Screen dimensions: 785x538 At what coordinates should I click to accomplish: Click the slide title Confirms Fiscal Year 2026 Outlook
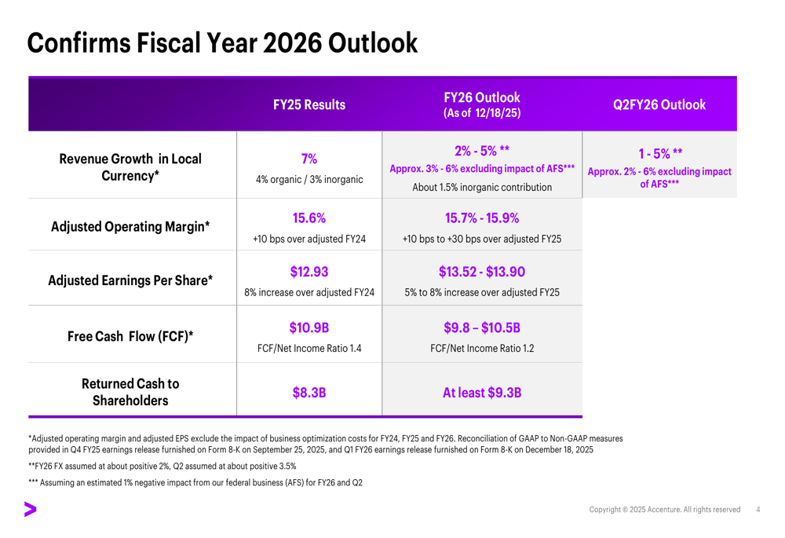pos(222,43)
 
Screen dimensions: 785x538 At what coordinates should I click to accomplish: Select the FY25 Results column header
pos(309,104)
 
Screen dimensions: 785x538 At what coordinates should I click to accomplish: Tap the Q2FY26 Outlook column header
pos(659,104)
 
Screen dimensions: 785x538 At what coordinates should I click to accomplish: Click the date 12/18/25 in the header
pos(498,113)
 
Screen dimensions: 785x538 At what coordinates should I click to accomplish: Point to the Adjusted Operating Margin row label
pos(130,226)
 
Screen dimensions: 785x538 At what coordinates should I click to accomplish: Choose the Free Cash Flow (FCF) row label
pos(130,336)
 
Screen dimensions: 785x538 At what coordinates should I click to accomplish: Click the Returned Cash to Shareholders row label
pos(130,392)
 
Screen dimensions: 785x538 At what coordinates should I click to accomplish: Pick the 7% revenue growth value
pos(309,159)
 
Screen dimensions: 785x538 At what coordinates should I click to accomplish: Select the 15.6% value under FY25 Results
pos(309,218)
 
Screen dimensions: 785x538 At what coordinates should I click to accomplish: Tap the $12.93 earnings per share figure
pos(309,272)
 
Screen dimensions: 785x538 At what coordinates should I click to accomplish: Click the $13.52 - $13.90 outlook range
pos(482,272)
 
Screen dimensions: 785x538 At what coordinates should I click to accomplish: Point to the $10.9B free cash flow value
pos(309,328)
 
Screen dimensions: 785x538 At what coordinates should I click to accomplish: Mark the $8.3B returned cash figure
pos(309,392)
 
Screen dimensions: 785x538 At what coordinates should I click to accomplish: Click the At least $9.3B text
pos(482,392)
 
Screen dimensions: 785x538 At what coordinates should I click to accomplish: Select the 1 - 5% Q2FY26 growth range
pos(660,153)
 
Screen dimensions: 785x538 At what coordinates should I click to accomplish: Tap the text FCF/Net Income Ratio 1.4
pos(309,348)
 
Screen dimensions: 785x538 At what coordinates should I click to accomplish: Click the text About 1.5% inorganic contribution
pos(482,188)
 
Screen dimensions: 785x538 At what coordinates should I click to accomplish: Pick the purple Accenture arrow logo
pos(30,510)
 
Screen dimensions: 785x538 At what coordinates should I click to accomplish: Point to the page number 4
pos(758,510)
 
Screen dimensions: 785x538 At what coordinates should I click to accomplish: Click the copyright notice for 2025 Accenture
pos(664,510)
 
